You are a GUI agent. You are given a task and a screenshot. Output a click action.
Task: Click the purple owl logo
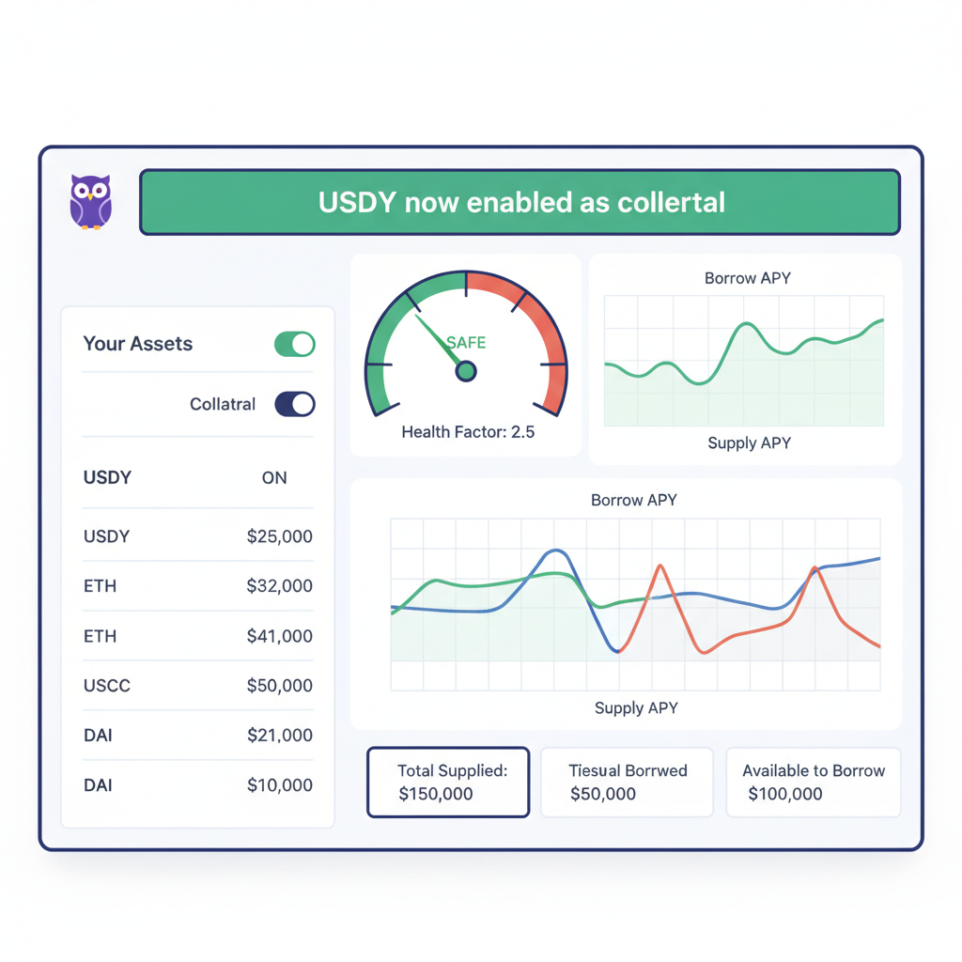tap(91, 201)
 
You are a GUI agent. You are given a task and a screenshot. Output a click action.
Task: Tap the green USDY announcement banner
tap(520, 202)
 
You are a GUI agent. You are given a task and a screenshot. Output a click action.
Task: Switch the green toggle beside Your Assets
tap(294, 344)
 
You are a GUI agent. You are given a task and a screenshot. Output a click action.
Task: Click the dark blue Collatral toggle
tap(294, 405)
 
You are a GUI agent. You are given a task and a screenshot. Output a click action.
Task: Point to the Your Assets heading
tap(137, 344)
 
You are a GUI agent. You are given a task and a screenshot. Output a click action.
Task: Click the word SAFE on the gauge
tap(466, 343)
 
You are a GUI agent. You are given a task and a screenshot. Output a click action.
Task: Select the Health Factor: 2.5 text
tap(468, 432)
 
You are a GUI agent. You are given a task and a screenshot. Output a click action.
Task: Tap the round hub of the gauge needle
tap(465, 372)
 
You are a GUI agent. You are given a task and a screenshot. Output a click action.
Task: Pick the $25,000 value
tap(279, 536)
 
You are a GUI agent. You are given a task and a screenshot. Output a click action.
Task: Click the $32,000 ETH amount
tap(279, 586)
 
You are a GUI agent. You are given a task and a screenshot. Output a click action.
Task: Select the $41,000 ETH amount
tap(279, 636)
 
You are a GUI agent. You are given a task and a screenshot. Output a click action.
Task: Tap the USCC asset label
tap(107, 686)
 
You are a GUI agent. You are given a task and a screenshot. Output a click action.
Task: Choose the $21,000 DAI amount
tap(279, 736)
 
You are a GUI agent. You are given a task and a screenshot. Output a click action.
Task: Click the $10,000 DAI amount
tap(279, 785)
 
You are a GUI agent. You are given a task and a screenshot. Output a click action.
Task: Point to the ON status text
tap(274, 478)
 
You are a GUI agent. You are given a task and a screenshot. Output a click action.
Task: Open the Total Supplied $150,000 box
tap(448, 783)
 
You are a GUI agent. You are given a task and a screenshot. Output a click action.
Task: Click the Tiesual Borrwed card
tap(627, 783)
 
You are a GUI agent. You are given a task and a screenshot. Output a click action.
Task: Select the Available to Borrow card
tap(813, 783)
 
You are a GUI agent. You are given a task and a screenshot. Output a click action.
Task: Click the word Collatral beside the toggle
tap(223, 405)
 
